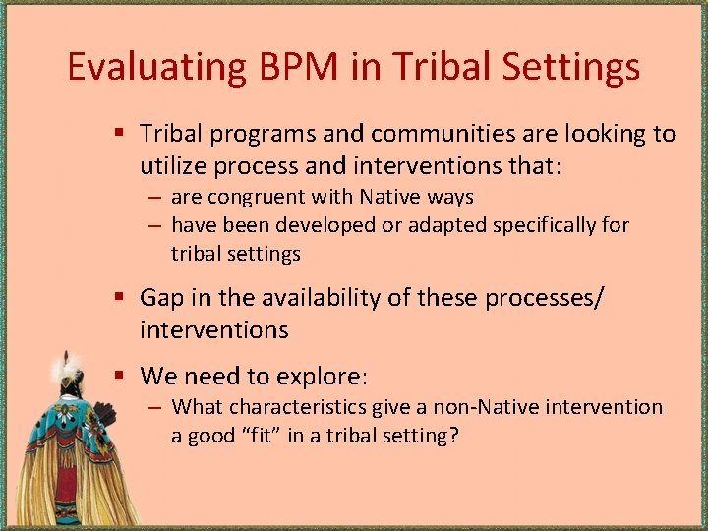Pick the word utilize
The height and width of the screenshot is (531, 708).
[174, 167]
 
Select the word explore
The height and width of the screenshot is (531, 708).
[322, 377]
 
